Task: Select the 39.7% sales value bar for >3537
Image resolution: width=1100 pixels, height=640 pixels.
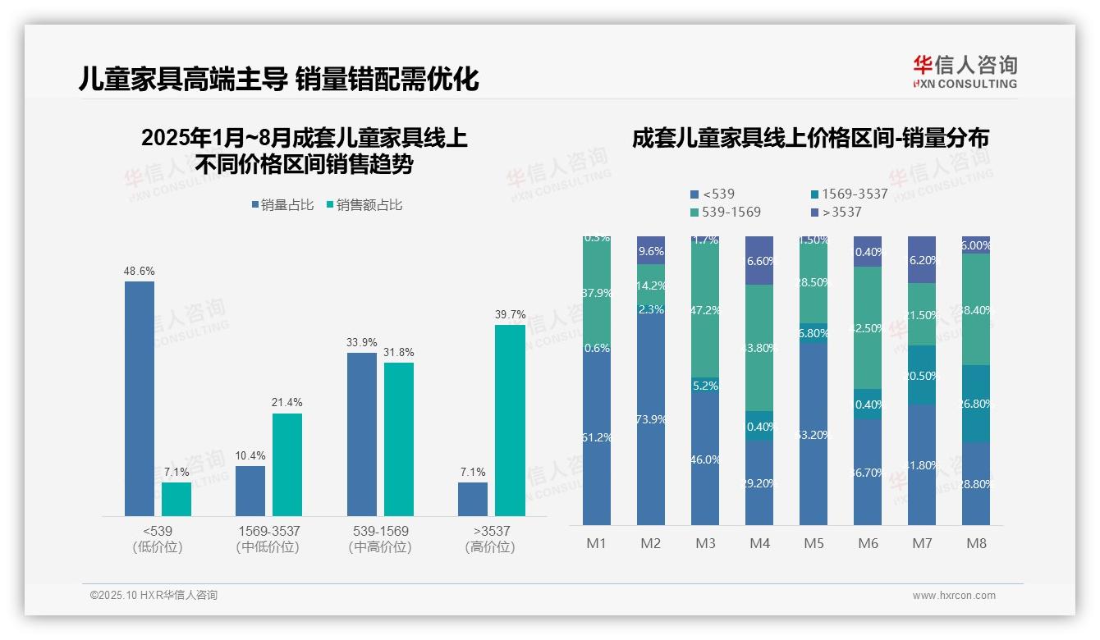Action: [x=510, y=420]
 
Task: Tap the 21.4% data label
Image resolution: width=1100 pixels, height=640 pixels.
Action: [x=287, y=402]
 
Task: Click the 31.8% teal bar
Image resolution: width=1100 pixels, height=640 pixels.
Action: [x=399, y=439]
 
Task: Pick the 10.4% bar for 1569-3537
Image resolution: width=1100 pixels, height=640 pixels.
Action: [x=250, y=491]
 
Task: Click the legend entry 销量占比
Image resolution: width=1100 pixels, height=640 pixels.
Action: [x=282, y=205]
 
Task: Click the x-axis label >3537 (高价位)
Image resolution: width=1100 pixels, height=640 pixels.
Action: [x=490, y=539]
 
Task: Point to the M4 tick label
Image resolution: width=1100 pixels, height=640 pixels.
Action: [x=759, y=543]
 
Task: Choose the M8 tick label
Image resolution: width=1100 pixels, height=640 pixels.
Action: [x=976, y=543]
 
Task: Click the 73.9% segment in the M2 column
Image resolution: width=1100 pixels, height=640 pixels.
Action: [x=651, y=418]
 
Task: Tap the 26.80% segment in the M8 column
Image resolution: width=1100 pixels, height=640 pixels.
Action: [x=976, y=404]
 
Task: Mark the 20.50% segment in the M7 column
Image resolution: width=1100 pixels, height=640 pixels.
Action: [x=922, y=375]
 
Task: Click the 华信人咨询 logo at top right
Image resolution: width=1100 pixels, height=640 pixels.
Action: [x=965, y=71]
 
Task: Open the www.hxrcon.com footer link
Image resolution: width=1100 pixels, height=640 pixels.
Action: [x=953, y=596]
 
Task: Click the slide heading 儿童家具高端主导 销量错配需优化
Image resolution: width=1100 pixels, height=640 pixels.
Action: [x=278, y=79]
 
